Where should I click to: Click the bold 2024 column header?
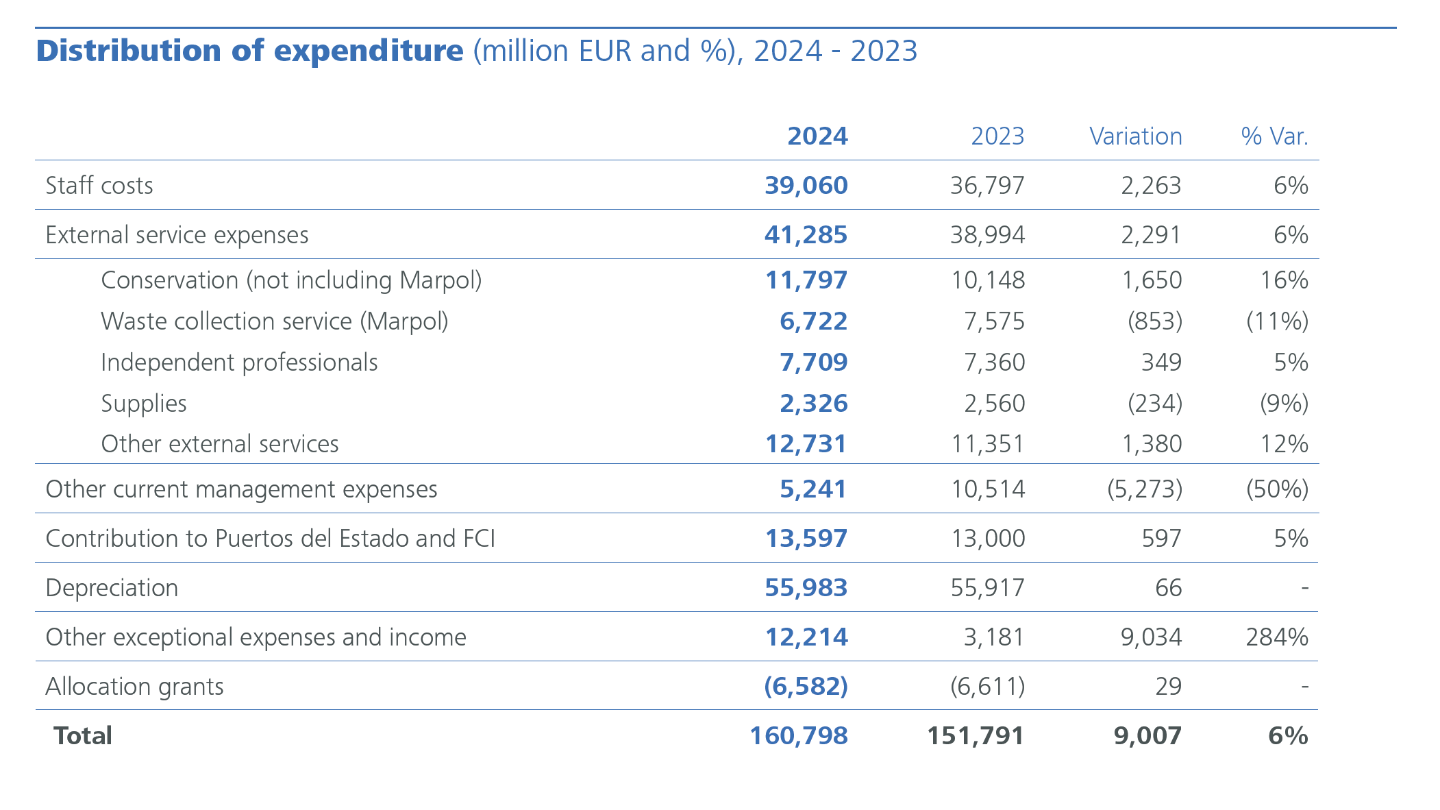tap(817, 136)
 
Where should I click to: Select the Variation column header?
tap(1135, 136)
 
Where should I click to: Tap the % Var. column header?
tap(1274, 136)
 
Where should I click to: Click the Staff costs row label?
tap(99, 186)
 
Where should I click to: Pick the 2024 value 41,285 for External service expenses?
tap(806, 235)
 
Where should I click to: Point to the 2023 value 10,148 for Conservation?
tap(987, 280)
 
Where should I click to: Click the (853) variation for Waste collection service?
tap(1154, 321)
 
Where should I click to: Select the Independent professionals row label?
tap(239, 363)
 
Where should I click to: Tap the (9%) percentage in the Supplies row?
tap(1284, 404)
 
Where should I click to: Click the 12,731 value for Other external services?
tap(806, 444)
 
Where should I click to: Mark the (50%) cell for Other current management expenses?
tap(1277, 489)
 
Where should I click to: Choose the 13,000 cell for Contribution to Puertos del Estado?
tap(987, 539)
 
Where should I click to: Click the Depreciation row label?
tap(112, 588)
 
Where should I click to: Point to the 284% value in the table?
tap(1277, 637)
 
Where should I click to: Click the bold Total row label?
tap(83, 736)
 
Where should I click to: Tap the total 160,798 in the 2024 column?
tap(798, 736)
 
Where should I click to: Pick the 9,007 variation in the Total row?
tap(1147, 736)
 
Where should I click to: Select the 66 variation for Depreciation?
tap(1168, 588)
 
